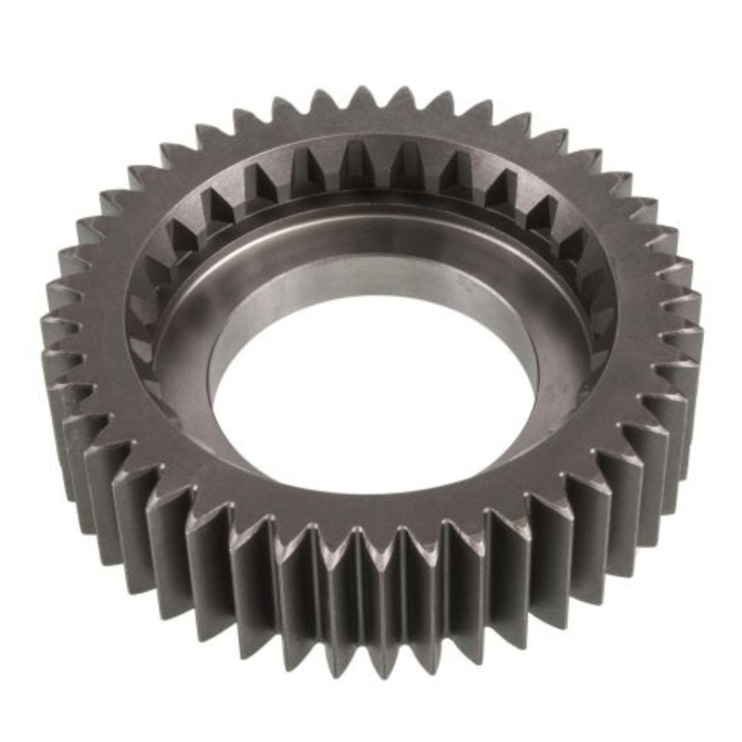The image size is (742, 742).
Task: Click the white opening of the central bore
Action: [x=371, y=390]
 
